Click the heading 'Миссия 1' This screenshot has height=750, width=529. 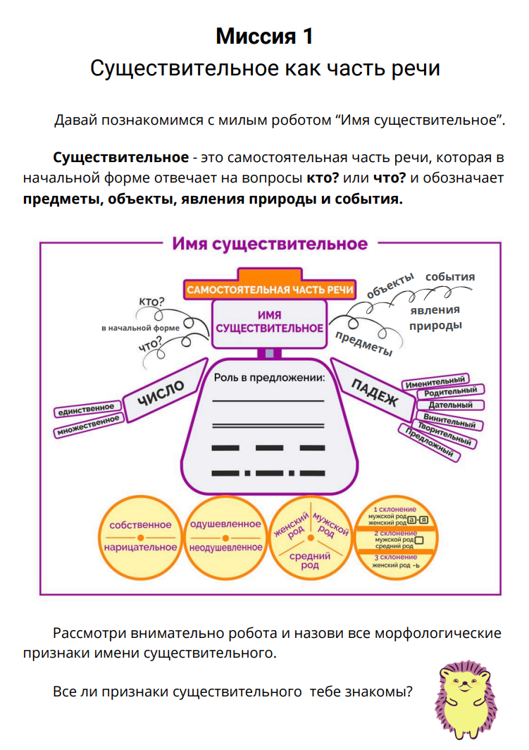point(264,35)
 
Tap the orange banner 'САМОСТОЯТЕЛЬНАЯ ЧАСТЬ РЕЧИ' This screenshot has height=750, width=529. point(270,290)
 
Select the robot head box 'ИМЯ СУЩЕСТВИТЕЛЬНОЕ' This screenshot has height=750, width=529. point(270,322)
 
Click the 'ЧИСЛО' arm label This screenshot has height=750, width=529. point(161,393)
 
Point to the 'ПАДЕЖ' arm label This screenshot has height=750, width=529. point(373,391)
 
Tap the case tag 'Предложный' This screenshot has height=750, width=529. point(429,443)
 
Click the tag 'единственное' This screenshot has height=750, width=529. point(85,409)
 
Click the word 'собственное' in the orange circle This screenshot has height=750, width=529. point(140,524)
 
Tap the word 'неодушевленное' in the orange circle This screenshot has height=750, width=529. point(225,547)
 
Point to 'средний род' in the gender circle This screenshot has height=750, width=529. point(309,561)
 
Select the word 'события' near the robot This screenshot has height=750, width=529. point(449,276)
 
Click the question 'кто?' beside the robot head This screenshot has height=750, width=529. point(151,302)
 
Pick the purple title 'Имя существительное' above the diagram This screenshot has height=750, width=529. point(270,244)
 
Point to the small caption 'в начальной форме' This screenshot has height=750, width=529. point(141,328)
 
